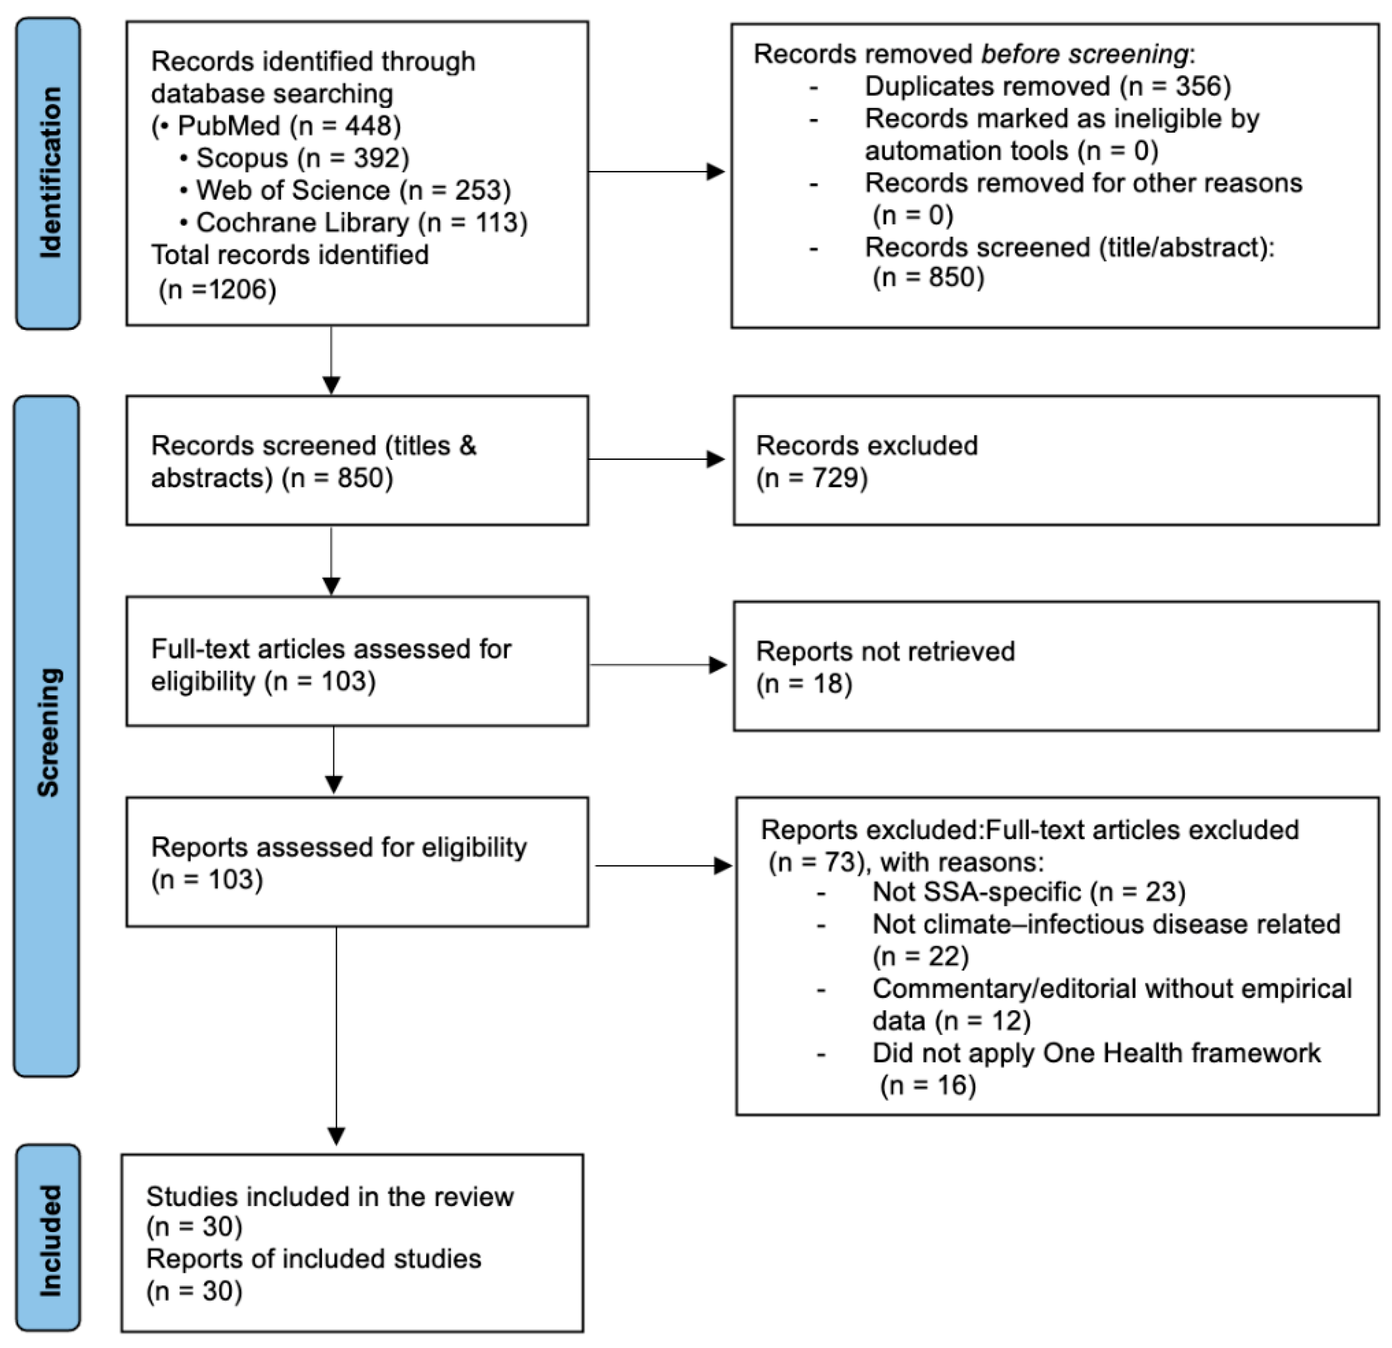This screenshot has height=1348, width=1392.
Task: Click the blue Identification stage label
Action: pyautogui.click(x=48, y=173)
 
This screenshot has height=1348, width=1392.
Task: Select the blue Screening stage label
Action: pyautogui.click(x=47, y=736)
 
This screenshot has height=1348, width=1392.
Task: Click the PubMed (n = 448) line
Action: pyautogui.click(x=277, y=126)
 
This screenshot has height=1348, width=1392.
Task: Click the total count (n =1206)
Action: pyautogui.click(x=217, y=289)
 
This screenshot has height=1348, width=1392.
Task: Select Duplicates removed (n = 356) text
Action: pyautogui.click(x=1048, y=86)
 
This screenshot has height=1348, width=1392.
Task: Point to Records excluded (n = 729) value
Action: pyautogui.click(x=812, y=478)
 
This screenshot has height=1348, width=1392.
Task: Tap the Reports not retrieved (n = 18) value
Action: pyautogui.click(x=804, y=683)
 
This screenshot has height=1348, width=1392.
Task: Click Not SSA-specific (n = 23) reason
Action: pyautogui.click(x=1028, y=891)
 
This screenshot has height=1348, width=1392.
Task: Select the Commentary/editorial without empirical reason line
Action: pyautogui.click(x=1112, y=988)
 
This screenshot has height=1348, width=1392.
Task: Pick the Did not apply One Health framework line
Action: pyautogui.click(x=1096, y=1052)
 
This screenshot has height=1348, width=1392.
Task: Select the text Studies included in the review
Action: pyautogui.click(x=329, y=1197)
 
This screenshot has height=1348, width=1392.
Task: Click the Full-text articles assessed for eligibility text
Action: pyautogui.click(x=331, y=649)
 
